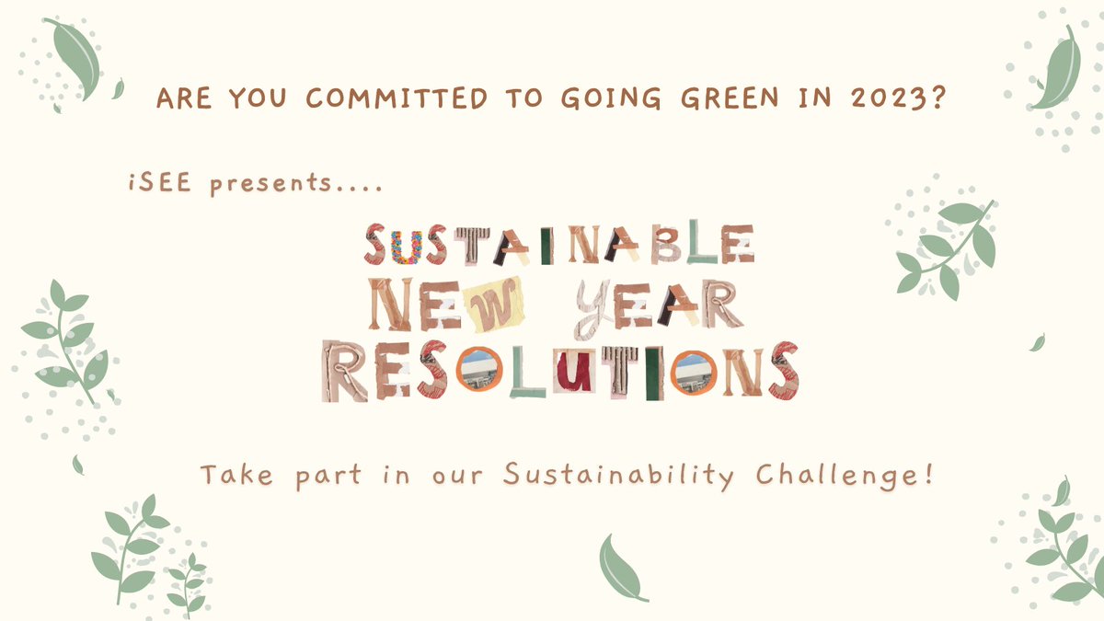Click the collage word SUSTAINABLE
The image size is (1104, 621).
click(560, 245)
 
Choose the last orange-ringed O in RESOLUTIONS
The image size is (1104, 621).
click(694, 373)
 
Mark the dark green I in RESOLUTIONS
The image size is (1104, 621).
click(653, 373)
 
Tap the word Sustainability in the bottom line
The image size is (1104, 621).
click(619, 476)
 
